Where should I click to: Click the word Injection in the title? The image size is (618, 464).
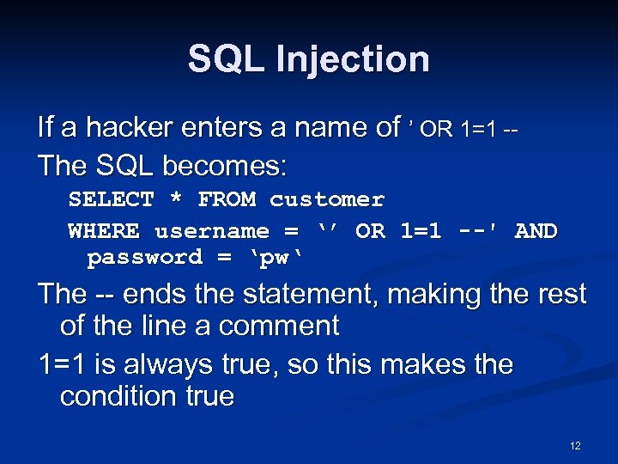[x=353, y=60]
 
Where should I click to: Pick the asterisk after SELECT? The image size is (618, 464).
[x=176, y=199]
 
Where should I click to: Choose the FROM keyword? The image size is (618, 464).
[x=227, y=199]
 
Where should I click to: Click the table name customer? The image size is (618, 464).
[x=327, y=199]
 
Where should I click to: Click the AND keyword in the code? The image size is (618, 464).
[x=536, y=231]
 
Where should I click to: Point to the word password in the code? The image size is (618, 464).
[x=145, y=257]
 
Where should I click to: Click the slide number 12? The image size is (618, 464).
[x=575, y=446]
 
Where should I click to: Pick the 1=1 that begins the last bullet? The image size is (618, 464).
[x=63, y=364]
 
